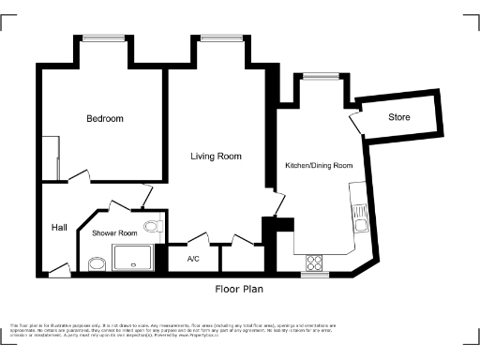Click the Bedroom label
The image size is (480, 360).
pos(105,119)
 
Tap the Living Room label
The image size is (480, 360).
pos(217,157)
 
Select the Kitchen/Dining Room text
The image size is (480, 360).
pos(319,166)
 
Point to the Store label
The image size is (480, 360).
pos(400,117)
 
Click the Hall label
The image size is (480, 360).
pos(59,228)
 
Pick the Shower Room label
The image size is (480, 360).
pos(114,233)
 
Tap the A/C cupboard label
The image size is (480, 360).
pos(194,259)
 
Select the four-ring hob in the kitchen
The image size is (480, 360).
pos(315,262)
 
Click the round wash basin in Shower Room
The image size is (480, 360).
pos(96,264)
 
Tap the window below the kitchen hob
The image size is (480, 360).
pos(315,275)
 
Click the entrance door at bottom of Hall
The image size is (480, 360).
pos(59,271)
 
